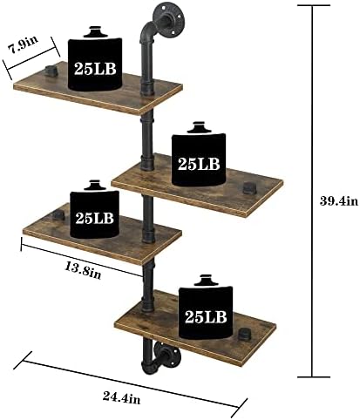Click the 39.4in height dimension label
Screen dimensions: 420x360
(338, 200)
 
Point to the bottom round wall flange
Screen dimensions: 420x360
(166, 356)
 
